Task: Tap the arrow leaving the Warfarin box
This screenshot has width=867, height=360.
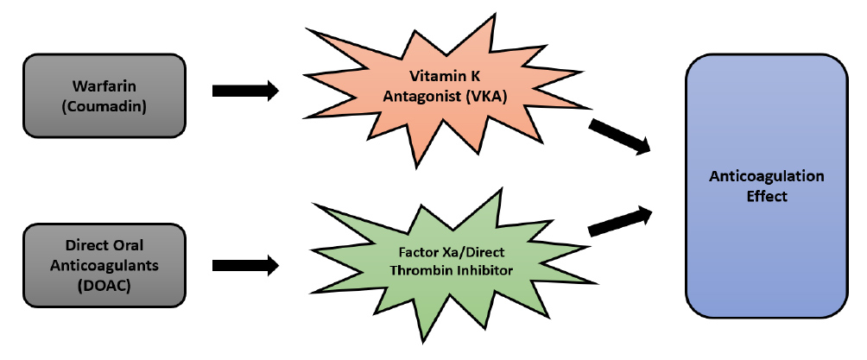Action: (245, 89)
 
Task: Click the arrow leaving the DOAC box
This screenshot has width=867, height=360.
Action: (245, 265)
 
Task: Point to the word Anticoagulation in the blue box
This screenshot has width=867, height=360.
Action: (766, 176)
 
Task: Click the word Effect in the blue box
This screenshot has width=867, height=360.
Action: (766, 196)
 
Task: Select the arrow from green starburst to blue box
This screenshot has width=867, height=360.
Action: (619, 221)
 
